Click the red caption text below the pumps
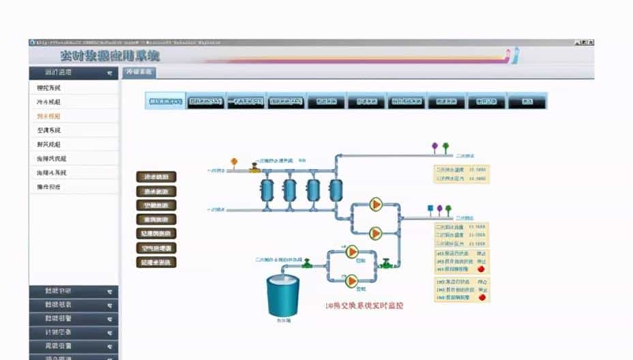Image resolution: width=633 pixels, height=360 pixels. click(x=364, y=305)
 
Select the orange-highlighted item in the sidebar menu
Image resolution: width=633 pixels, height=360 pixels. click(x=48, y=116)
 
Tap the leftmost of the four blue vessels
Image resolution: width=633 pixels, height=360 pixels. click(x=267, y=189)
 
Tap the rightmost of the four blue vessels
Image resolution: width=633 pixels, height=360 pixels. click(x=335, y=189)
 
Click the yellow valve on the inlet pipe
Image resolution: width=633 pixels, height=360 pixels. click(x=254, y=167)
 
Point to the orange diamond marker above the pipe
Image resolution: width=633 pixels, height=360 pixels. click(x=234, y=162)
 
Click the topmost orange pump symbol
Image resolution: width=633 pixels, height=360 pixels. click(x=375, y=205)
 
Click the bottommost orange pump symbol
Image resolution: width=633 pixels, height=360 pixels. click(x=352, y=280)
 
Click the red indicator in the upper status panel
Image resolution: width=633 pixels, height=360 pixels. click(x=482, y=269)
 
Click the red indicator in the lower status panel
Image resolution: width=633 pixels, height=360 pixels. click(x=482, y=297)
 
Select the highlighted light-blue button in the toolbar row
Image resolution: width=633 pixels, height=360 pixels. click(x=166, y=102)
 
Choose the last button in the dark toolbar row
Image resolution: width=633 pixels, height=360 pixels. click(x=527, y=102)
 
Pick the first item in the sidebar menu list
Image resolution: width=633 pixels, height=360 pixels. click(x=48, y=88)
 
